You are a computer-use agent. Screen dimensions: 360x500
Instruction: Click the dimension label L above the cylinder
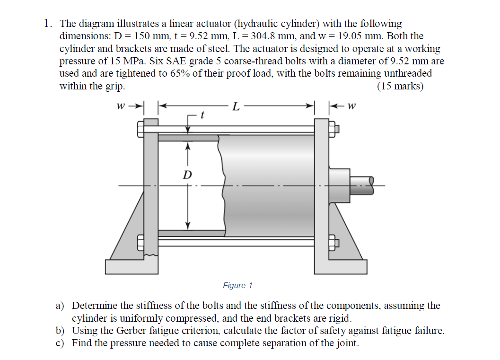pos(236,106)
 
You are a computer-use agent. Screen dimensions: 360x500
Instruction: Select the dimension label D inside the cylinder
pos(187,175)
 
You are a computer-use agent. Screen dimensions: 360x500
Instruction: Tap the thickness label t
pos(202,114)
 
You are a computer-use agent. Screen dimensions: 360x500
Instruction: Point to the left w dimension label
pos(122,105)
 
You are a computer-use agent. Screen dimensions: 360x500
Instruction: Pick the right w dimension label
pos(351,105)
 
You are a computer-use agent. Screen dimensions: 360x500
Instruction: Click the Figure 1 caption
pos(237,285)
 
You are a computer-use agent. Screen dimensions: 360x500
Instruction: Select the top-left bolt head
pos(140,128)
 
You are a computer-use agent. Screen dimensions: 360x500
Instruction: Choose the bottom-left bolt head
pos(140,243)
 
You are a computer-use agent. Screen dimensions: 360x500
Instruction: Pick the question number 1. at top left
pos(48,23)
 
